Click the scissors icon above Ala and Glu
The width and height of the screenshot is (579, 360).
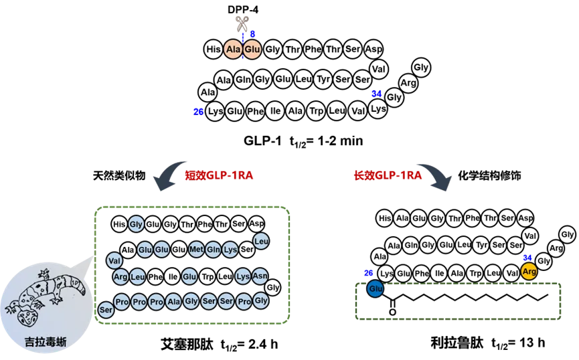click(x=243, y=24)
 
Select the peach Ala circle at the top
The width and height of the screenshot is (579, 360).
click(x=233, y=50)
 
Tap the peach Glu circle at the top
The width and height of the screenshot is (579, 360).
click(x=252, y=50)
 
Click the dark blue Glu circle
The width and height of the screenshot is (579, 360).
click(x=376, y=289)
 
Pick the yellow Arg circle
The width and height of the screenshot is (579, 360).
click(x=529, y=271)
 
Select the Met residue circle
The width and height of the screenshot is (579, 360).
click(x=196, y=250)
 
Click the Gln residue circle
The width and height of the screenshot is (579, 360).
click(x=213, y=250)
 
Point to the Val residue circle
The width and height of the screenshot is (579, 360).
click(x=114, y=260)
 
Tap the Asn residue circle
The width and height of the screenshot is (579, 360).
click(x=260, y=276)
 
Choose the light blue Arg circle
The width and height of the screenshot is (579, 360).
click(x=120, y=276)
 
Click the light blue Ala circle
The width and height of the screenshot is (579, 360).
click(x=173, y=302)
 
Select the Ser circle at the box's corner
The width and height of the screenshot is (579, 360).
click(x=106, y=310)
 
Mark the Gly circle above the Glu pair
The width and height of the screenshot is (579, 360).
click(x=136, y=224)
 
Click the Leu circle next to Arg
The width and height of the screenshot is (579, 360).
click(x=137, y=276)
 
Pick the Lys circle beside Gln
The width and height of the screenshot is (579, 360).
click(x=230, y=250)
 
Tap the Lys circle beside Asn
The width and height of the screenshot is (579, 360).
click(x=243, y=276)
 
